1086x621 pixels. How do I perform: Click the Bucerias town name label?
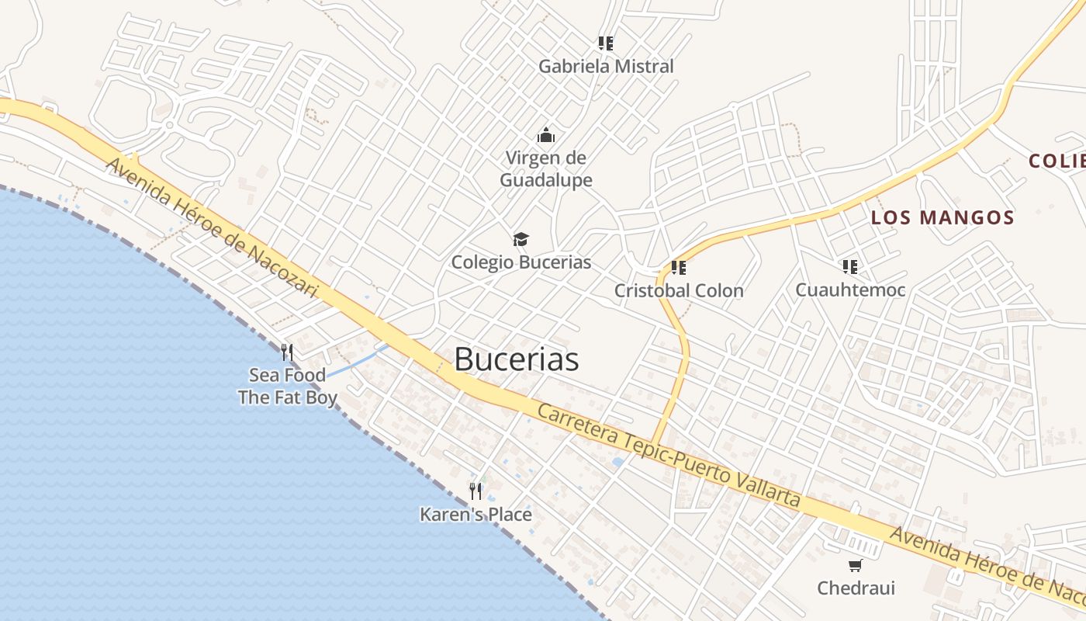(x=517, y=359)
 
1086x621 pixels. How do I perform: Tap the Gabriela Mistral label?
(x=606, y=67)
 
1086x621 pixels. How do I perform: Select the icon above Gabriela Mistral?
(x=606, y=43)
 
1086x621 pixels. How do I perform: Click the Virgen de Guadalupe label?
(x=546, y=169)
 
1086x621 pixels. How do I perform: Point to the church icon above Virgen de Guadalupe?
(x=546, y=135)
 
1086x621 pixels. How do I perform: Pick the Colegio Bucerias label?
(x=521, y=262)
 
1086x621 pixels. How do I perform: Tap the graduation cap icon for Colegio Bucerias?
(x=521, y=239)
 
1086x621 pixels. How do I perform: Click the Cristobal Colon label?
(x=679, y=291)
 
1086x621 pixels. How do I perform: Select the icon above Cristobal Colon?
(x=679, y=268)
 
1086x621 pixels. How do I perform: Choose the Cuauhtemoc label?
(x=850, y=290)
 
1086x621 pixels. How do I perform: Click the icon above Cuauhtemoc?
(x=850, y=267)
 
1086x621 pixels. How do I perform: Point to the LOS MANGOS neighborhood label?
(x=942, y=217)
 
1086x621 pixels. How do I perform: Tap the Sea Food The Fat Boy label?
(x=287, y=387)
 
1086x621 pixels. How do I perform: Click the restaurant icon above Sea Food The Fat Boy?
(x=287, y=353)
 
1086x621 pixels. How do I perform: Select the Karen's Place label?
(x=476, y=515)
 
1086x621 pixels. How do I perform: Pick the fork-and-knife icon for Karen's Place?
(x=476, y=491)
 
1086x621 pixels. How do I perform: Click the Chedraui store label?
(x=856, y=588)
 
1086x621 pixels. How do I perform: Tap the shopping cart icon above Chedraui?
(x=856, y=565)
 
